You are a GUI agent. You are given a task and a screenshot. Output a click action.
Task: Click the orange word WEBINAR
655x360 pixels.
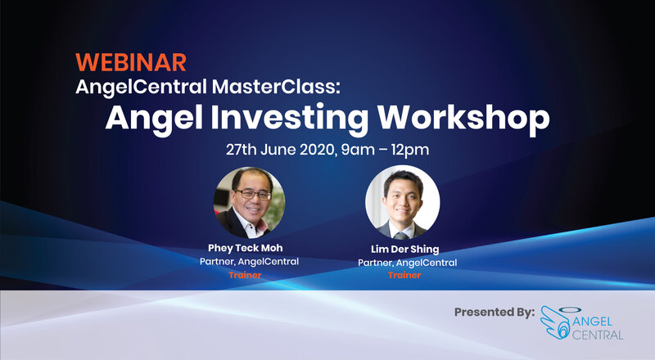(x=131, y=63)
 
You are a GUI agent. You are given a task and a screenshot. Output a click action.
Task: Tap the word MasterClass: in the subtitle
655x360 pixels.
(x=276, y=87)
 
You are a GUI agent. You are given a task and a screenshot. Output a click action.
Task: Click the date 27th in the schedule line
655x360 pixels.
(x=241, y=150)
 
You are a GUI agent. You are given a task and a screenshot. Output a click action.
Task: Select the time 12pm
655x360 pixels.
(x=410, y=150)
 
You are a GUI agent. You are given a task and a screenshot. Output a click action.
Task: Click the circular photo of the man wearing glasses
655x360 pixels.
(x=249, y=203)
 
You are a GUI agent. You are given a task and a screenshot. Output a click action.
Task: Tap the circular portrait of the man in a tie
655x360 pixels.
(x=402, y=202)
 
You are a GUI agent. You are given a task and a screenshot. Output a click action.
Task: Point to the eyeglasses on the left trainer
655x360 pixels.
(x=253, y=194)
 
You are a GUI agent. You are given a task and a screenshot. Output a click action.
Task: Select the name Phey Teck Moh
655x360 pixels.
(x=245, y=248)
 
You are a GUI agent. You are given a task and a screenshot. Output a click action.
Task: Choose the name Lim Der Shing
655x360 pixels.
(x=404, y=250)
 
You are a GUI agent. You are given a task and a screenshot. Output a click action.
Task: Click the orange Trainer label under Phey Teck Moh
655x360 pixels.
(x=245, y=275)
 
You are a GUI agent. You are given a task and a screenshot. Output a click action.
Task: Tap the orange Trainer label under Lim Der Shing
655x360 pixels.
(x=404, y=275)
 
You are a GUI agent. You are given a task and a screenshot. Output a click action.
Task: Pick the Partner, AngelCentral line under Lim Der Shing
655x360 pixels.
(x=407, y=263)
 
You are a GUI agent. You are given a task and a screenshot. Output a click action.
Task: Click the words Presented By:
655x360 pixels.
(x=495, y=312)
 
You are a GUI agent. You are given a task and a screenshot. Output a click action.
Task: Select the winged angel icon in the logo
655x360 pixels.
(x=556, y=322)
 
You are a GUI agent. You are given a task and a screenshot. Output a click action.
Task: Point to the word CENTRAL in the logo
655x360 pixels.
(x=598, y=335)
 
